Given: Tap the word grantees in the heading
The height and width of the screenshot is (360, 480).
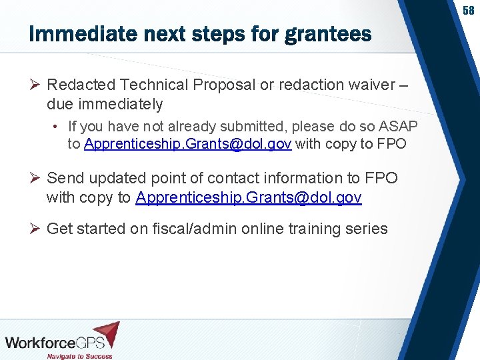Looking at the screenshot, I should tap(327, 34).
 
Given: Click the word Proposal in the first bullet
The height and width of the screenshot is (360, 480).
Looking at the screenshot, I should tap(223, 85).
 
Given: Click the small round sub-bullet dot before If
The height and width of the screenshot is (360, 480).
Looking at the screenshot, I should tap(59, 127).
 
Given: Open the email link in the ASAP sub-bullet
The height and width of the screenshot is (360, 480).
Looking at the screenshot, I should tap(188, 144).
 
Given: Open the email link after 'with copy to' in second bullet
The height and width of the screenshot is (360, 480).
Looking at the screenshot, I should tap(249, 197).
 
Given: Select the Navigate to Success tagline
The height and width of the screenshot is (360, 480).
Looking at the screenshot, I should tap(79, 355).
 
